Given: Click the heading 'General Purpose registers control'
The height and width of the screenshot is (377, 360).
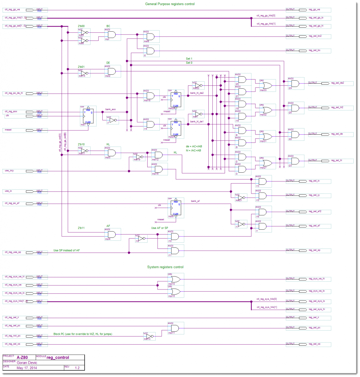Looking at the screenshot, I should (x=170, y=4).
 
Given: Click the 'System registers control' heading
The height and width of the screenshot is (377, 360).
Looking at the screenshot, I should (x=165, y=267).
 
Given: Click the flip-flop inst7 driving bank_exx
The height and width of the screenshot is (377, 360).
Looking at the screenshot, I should (x=88, y=116).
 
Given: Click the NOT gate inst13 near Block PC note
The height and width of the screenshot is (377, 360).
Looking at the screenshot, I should (x=149, y=337).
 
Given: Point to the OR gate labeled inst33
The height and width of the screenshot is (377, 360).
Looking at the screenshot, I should (x=266, y=85).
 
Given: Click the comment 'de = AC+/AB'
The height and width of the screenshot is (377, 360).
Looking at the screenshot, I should (x=194, y=146).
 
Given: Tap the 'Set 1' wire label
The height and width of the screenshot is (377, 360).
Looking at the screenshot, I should (x=189, y=59).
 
